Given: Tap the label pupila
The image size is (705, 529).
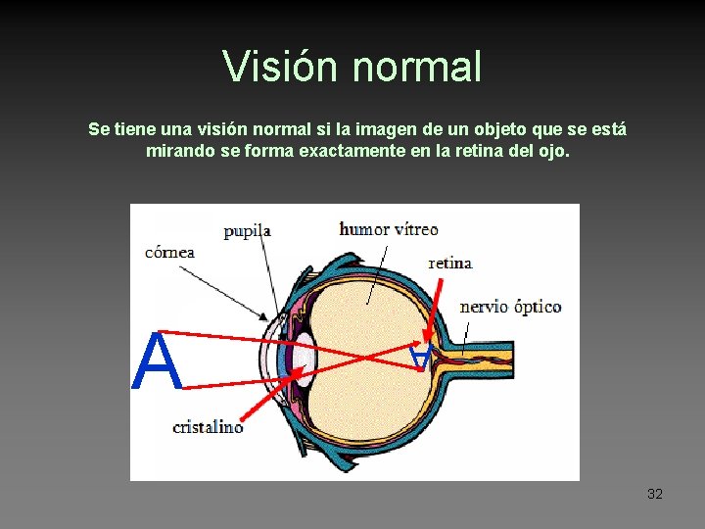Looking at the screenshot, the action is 247,231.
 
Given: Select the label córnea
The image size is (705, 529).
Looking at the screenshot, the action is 169,252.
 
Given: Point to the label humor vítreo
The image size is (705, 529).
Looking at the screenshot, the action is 389,229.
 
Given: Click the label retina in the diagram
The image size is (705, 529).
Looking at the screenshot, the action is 450,263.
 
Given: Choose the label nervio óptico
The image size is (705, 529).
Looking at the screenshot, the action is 510,307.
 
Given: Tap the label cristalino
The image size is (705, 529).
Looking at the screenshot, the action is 208,426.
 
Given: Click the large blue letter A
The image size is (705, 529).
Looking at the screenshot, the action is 157,361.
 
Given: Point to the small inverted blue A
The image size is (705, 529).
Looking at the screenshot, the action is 420,357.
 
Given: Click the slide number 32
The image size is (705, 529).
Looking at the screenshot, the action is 655,494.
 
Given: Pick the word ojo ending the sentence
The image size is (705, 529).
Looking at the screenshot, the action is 553,152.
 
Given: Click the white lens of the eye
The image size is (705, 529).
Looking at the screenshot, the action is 306,358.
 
